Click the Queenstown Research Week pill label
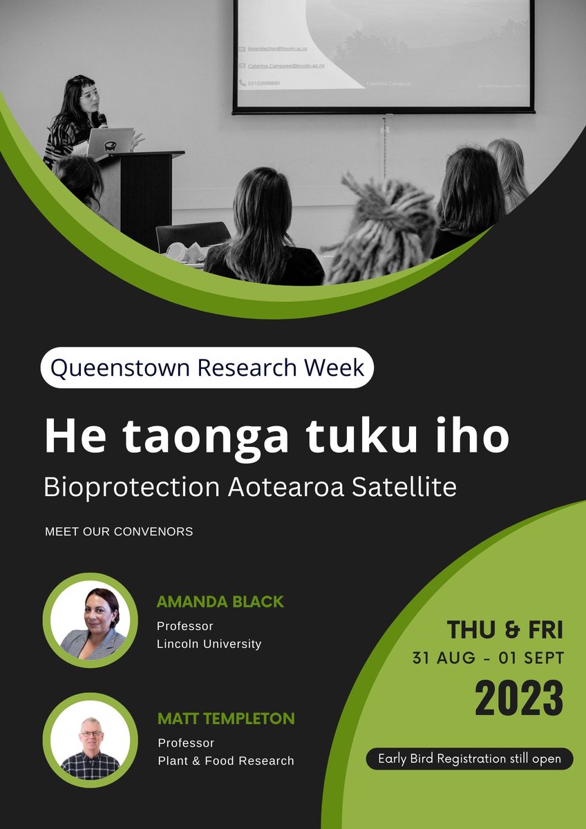207,368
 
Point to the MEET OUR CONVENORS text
119,532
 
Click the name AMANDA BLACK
220,602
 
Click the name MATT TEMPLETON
226,718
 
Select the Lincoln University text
209,644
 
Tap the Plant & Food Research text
226,761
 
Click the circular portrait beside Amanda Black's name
91,620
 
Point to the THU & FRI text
504,630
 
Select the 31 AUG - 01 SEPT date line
488,658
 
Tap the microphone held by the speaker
102,120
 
